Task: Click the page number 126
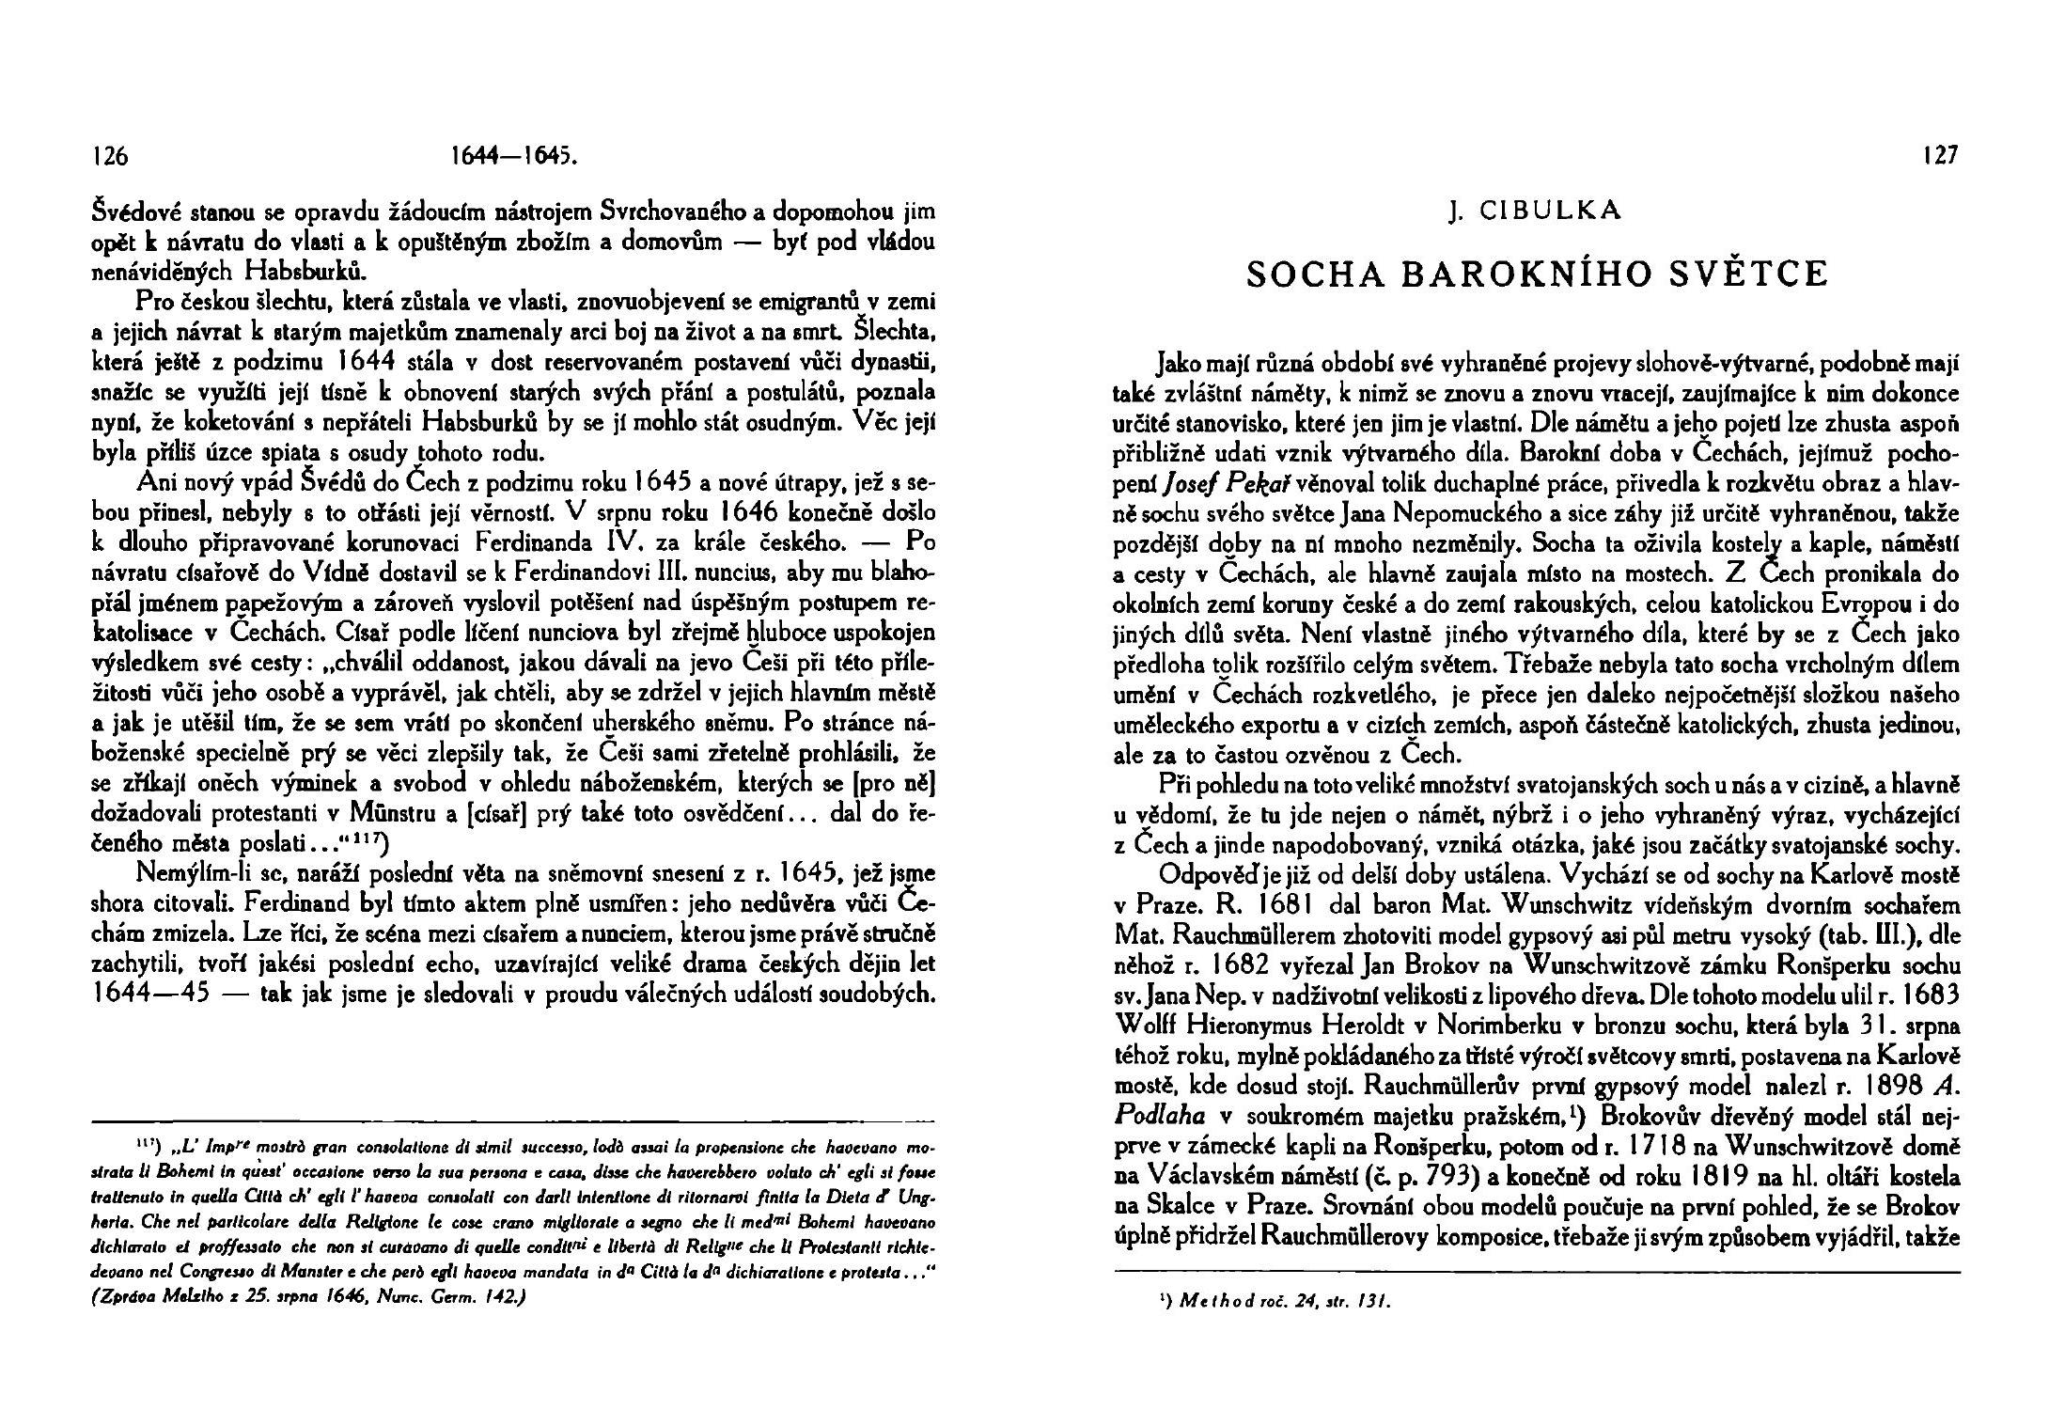pyautogui.click(x=111, y=157)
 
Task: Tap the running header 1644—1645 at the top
pyautogui.click(x=513, y=157)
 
